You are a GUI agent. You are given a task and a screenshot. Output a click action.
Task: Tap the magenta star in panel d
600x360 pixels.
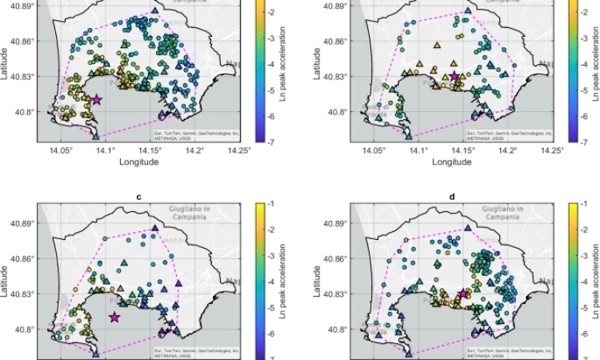(463, 294)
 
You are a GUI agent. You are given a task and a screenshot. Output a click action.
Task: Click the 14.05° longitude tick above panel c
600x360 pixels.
(61, 149)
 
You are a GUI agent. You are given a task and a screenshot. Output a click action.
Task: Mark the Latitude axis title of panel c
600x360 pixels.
(6, 284)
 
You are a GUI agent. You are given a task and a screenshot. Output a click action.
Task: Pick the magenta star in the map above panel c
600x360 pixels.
(97, 99)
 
